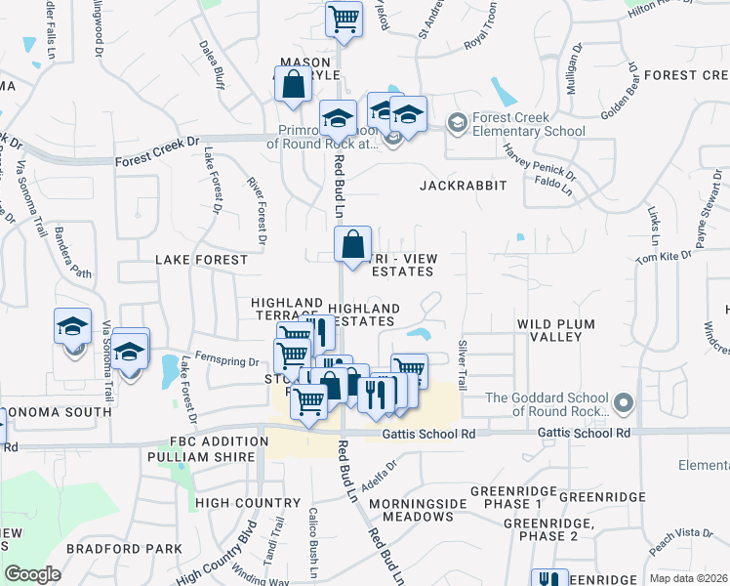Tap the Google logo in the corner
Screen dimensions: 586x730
(32, 574)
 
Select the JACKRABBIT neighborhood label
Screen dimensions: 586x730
(464, 184)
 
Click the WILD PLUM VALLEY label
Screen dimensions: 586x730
(549, 330)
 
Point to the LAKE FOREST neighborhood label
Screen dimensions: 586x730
(202, 261)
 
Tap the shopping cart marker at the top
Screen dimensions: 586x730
(344, 18)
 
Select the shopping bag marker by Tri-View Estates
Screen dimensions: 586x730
(352, 243)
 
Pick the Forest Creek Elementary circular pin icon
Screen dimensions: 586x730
(456, 123)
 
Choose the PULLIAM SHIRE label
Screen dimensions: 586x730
(193, 457)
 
